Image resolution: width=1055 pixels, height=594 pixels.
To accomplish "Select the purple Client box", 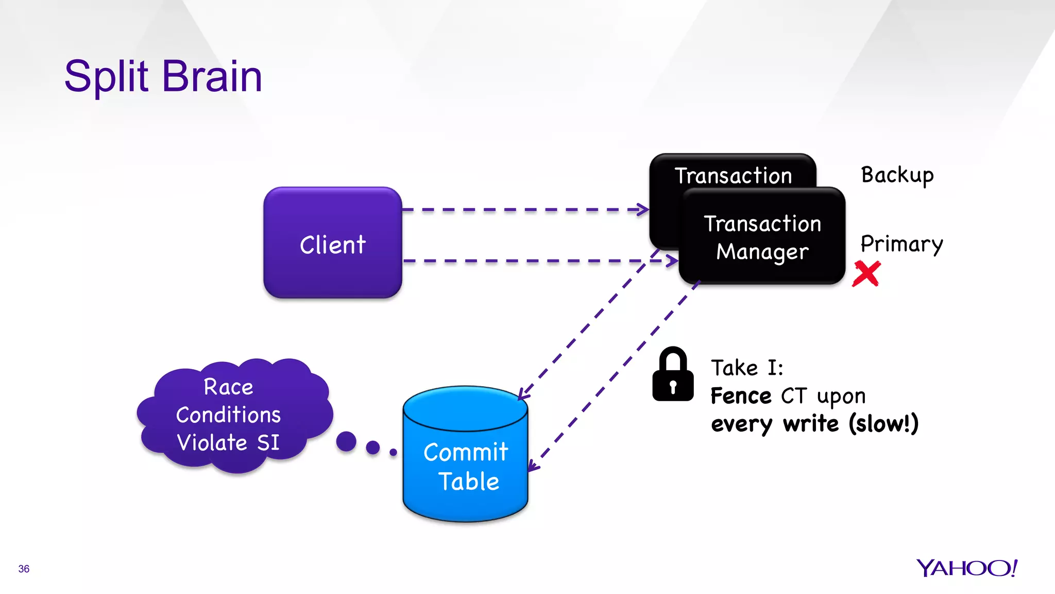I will pyautogui.click(x=332, y=243).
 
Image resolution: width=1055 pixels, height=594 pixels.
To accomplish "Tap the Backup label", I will pyautogui.click(x=897, y=175).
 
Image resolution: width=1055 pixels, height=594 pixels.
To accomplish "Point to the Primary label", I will pyautogui.click(x=901, y=244).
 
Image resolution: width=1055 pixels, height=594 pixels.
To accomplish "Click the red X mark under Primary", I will pyautogui.click(x=866, y=274).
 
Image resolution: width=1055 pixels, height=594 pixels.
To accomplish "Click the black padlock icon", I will pyautogui.click(x=673, y=375).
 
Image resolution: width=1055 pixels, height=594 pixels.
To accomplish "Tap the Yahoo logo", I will pyautogui.click(x=966, y=568).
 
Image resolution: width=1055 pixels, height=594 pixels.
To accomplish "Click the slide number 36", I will pyautogui.click(x=24, y=569).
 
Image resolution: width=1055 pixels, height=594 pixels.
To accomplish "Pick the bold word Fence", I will pyautogui.click(x=741, y=396).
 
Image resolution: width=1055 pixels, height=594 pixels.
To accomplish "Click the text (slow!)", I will pyautogui.click(x=883, y=424).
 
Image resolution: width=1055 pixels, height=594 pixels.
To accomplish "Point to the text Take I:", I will pyautogui.click(x=747, y=368).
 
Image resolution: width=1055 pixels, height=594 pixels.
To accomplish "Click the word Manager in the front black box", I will pyautogui.click(x=762, y=252).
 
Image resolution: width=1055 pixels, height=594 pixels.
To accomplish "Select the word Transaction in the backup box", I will pyautogui.click(x=733, y=176).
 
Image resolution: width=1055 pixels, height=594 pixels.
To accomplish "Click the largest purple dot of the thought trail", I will pyautogui.click(x=346, y=441).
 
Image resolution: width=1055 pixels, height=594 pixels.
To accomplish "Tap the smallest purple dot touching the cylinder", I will pyautogui.click(x=394, y=452).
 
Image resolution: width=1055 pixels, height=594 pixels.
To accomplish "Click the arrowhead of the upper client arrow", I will pyautogui.click(x=643, y=209).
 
